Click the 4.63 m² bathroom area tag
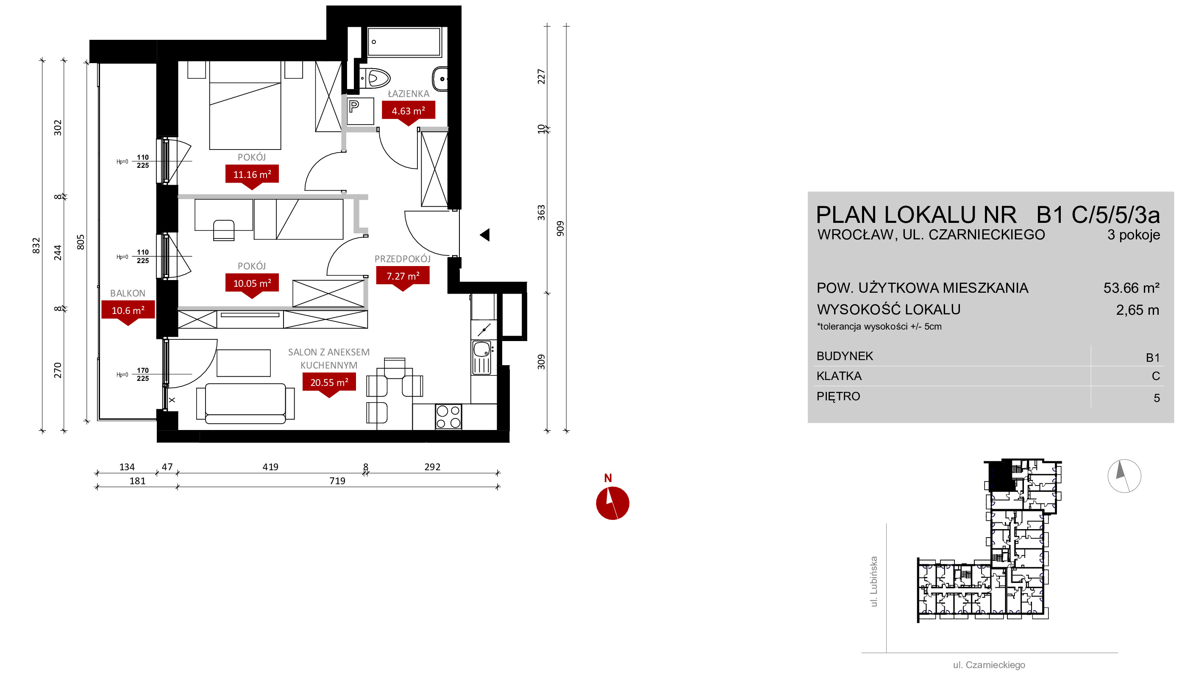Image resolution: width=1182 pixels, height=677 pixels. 408,111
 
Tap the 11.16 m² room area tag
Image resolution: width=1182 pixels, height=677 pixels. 252,175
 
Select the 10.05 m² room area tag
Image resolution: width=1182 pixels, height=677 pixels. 252,283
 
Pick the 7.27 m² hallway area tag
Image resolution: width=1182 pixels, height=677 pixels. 403,276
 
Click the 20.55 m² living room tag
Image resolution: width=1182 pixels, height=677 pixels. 329,383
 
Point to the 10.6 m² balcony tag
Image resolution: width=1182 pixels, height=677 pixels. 128,311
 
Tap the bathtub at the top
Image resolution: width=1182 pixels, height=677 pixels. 404,42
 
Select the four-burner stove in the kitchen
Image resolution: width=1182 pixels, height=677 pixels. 448,416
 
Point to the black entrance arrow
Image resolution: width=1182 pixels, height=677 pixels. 484,235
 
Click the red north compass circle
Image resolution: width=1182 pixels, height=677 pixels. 612,503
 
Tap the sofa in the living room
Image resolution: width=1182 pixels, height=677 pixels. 245,403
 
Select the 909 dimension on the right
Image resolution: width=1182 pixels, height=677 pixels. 560,228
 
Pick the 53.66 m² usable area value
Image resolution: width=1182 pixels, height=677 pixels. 1131,288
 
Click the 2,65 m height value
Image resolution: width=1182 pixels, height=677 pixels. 1138,310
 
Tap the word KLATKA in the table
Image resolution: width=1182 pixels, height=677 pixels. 839,376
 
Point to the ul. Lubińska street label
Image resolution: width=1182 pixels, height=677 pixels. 874,582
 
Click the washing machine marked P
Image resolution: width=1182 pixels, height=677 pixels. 361,111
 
